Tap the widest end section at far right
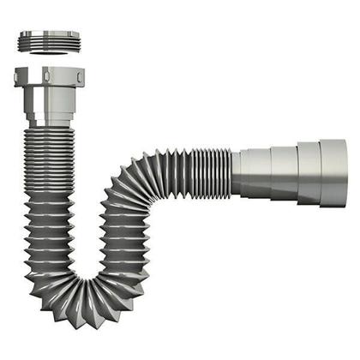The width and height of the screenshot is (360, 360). pyautogui.click(x=333, y=172)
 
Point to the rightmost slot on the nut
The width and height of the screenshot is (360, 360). pyautogui.click(x=76, y=78)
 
